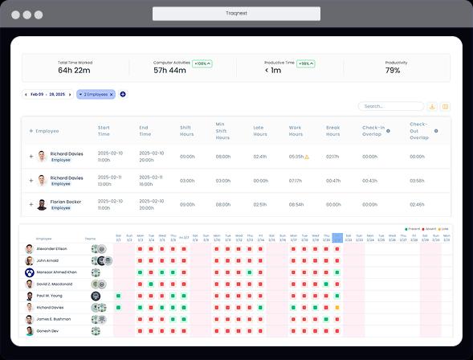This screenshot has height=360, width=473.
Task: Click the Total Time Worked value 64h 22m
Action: tap(75, 71)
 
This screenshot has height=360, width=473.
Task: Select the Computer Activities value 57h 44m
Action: tap(169, 71)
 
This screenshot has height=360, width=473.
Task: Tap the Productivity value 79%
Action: tap(393, 71)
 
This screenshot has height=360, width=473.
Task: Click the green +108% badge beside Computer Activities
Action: tap(202, 63)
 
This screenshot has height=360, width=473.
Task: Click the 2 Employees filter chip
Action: tap(96, 94)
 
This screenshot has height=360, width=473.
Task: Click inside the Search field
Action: tap(391, 106)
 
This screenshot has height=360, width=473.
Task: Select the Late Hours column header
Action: tap(259, 131)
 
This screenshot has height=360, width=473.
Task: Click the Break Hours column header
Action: tap(333, 131)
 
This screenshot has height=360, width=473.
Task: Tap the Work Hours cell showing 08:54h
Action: tap(296, 204)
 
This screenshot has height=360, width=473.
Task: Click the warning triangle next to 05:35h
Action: tap(306, 157)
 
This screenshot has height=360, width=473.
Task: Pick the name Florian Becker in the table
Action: tap(66, 202)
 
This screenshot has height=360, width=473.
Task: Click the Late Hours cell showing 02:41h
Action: tap(259, 157)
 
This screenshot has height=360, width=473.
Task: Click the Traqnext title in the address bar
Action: tap(236, 14)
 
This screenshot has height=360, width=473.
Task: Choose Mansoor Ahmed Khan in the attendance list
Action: tap(56, 272)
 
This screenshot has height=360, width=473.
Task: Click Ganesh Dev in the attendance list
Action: tap(47, 330)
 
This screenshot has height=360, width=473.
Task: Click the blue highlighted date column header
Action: tap(337, 238)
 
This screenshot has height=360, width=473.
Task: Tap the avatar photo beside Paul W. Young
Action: tap(29, 296)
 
